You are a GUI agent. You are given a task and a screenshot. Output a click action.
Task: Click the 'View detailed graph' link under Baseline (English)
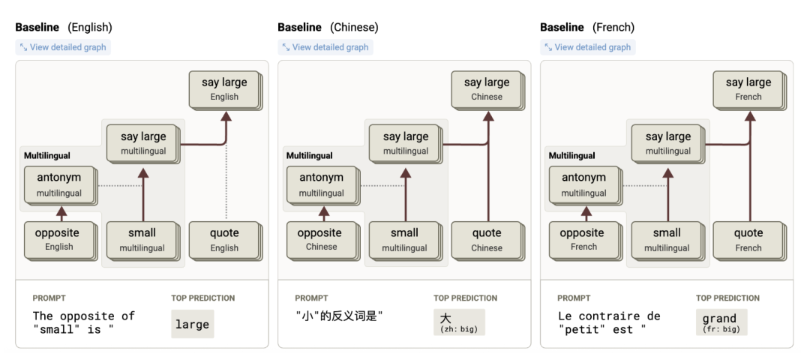click(x=63, y=47)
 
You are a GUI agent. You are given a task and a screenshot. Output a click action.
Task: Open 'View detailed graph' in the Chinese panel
click(x=325, y=47)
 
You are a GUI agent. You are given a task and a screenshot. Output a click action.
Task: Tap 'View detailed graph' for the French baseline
click(x=588, y=47)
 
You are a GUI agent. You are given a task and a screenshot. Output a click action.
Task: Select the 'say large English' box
click(x=225, y=90)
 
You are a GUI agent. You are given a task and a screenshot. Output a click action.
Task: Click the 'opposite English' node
click(x=60, y=241)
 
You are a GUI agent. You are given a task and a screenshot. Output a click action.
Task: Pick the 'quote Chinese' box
click(x=487, y=241)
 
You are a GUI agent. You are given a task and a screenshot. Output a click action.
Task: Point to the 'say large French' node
click(x=749, y=90)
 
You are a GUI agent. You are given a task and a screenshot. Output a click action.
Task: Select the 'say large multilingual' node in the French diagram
click(x=668, y=143)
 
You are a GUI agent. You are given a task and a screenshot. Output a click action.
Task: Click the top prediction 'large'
click(x=192, y=324)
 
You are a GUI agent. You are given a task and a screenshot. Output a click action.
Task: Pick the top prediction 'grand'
click(x=719, y=318)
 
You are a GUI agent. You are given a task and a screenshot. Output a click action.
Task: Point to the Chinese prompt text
click(x=339, y=316)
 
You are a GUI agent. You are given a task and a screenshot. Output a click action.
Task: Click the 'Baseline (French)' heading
click(x=587, y=27)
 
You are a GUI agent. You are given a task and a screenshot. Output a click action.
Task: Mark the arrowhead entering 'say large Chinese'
click(x=488, y=115)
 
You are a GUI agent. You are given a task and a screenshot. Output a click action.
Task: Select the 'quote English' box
click(x=225, y=241)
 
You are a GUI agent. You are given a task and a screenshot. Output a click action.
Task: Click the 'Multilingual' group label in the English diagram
click(x=47, y=155)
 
